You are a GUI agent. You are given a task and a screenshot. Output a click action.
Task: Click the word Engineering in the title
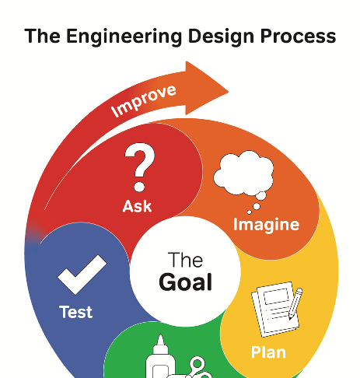click(x=124, y=37)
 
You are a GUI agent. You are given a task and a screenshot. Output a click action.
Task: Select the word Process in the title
click(x=298, y=37)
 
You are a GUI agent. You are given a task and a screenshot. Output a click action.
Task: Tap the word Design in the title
click(x=221, y=37)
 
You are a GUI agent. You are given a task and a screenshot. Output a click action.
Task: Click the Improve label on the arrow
click(x=144, y=100)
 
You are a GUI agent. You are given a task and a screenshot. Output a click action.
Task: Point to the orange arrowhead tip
click(x=228, y=92)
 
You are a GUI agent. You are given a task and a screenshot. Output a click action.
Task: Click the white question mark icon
click(x=140, y=167)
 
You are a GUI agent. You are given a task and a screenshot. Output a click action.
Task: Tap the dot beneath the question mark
click(x=139, y=187)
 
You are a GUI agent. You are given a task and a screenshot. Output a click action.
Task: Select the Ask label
click(x=137, y=206)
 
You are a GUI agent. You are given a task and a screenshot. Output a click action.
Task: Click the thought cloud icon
click(x=243, y=173)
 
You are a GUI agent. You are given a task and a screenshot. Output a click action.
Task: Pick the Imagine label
click(x=266, y=225)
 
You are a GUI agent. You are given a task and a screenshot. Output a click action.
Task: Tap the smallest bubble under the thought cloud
click(x=250, y=212)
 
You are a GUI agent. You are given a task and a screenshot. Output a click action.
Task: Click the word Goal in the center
click(x=186, y=282)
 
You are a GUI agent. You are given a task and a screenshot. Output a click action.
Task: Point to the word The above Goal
click(x=185, y=260)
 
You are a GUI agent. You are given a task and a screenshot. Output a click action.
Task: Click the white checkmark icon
click(x=82, y=275)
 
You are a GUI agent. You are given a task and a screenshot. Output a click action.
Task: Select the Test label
click(x=76, y=312)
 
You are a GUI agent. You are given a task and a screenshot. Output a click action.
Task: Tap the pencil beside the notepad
click(x=295, y=303)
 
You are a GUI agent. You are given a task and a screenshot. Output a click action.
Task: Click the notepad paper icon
click(x=275, y=310)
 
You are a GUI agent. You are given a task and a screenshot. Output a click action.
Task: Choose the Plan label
click(x=268, y=352)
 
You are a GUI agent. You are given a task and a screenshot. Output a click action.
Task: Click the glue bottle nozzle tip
click(x=160, y=335)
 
